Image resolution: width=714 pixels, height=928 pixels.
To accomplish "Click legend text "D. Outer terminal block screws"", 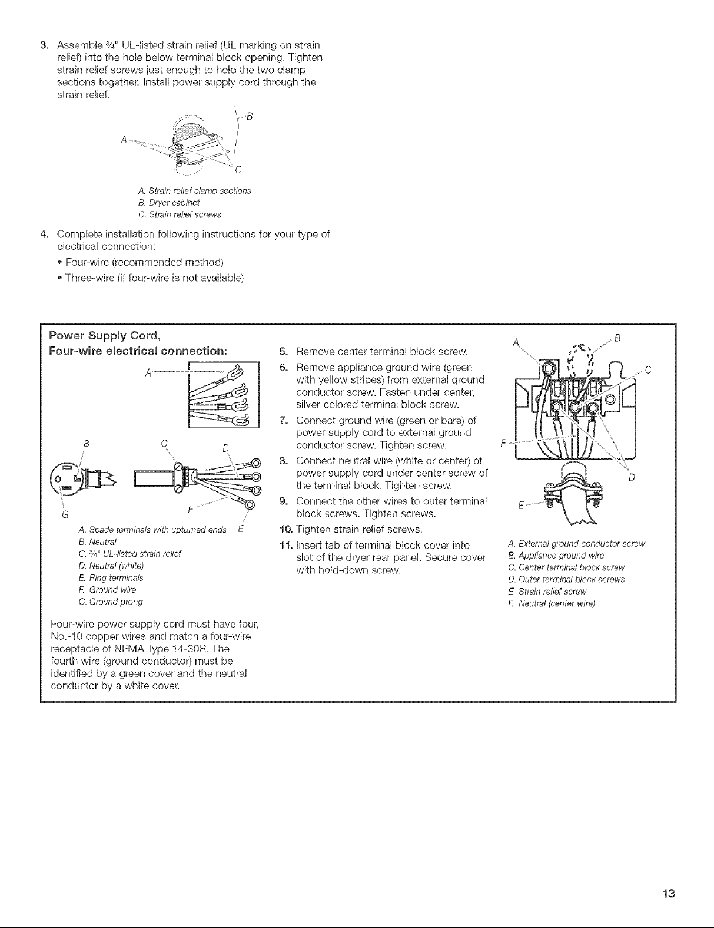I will coord(565,580).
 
